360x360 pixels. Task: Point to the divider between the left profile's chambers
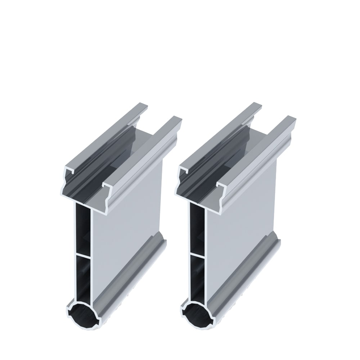pyautogui.click(x=82, y=254)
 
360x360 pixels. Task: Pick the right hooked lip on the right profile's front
pyautogui.click(x=222, y=185)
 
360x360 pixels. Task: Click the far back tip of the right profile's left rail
pyautogui.click(x=258, y=105)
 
